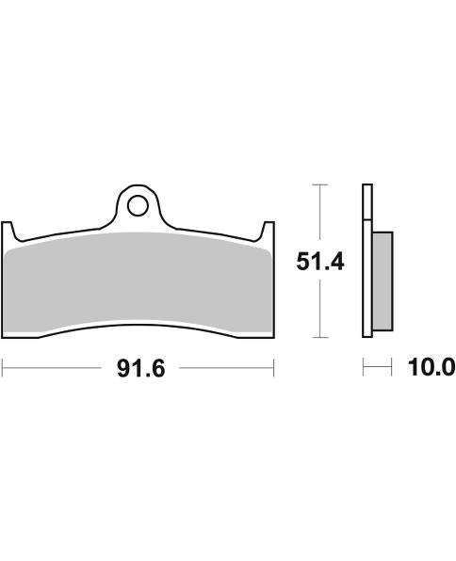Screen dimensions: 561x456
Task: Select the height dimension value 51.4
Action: pyautogui.click(x=320, y=261)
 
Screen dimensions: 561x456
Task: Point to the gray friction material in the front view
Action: pyautogui.click(x=138, y=282)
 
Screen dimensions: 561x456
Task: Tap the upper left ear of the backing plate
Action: pyautogui.click(x=9, y=229)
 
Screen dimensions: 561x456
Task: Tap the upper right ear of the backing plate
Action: pyautogui.click(x=268, y=229)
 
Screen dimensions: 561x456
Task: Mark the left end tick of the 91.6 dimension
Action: pyautogui.click(x=2, y=368)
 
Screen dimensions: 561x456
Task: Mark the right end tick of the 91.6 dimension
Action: pyautogui.click(x=274, y=368)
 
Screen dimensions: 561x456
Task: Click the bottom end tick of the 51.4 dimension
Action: pyautogui.click(x=321, y=337)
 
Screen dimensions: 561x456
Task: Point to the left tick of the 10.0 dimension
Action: pyautogui.click(x=364, y=368)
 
